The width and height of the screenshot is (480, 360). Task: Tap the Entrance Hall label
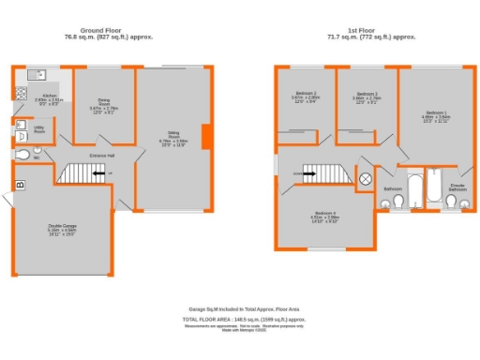[102, 155]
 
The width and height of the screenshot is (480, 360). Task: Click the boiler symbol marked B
[19, 196]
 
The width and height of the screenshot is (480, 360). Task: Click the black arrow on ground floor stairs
[97, 173]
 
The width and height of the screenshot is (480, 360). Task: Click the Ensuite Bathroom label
[457, 187]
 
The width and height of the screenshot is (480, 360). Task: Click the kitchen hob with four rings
[21, 93]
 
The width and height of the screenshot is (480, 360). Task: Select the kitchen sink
[37, 73]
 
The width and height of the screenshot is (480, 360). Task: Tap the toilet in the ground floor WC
[22, 155]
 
